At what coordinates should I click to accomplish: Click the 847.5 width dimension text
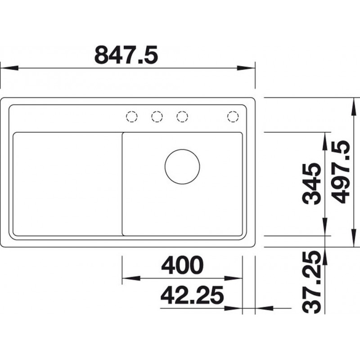pos(126,55)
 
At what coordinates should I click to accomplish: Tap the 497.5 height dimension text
pos(341,172)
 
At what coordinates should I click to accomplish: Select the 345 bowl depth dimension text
pos(311,184)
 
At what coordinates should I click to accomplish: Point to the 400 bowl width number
pos(182,265)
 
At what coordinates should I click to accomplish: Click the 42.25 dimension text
pos(192,295)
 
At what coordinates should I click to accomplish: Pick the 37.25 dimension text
pos(311,282)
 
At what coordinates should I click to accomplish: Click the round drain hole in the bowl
pos(182,166)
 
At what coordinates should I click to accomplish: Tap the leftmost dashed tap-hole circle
pos(132,117)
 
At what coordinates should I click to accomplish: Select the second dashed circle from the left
pos(157,117)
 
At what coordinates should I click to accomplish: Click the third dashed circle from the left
pos(182,117)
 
